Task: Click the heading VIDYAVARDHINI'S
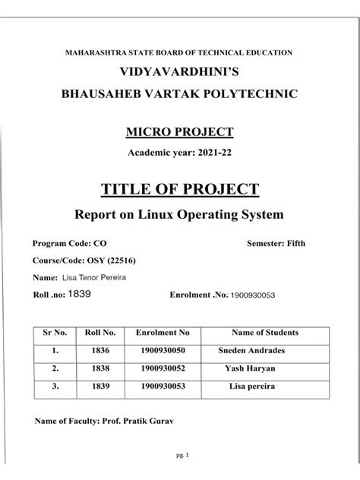180,73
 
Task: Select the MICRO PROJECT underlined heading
180,132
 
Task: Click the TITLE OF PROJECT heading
180,190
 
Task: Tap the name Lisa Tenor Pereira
93,277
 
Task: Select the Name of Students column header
264,333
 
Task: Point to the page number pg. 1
181,455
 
